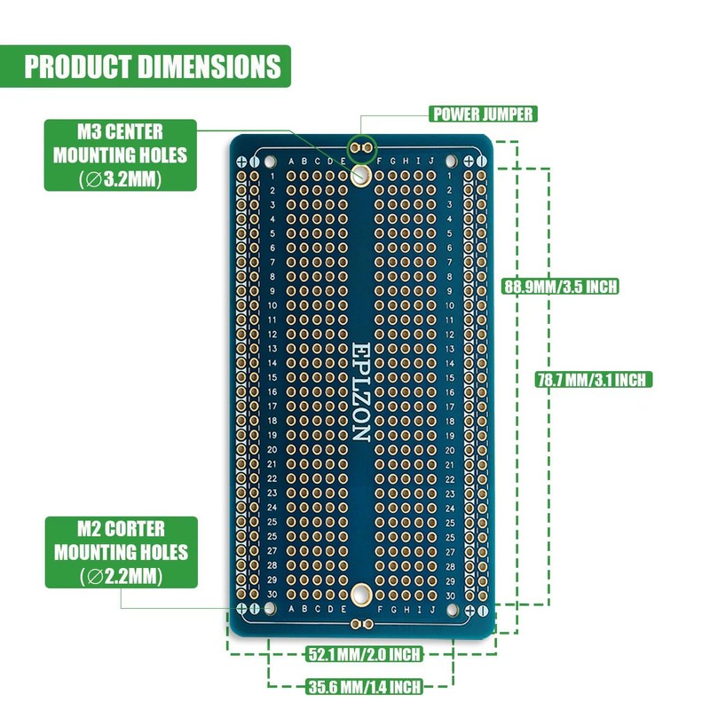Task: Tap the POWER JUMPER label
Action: (482, 114)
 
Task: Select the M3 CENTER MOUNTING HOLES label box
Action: (120, 155)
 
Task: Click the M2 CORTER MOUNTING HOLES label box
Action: (120, 552)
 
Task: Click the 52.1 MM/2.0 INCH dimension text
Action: (364, 655)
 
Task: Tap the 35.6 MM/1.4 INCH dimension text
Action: (364, 686)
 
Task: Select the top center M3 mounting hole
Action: (361, 175)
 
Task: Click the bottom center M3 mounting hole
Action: (361, 594)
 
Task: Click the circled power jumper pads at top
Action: (361, 145)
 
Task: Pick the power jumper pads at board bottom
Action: (361, 624)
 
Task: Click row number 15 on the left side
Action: (272, 377)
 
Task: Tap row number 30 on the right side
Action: (451, 595)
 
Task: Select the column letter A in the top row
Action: (292, 162)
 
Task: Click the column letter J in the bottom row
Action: (431, 609)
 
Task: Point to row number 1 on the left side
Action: (272, 176)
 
